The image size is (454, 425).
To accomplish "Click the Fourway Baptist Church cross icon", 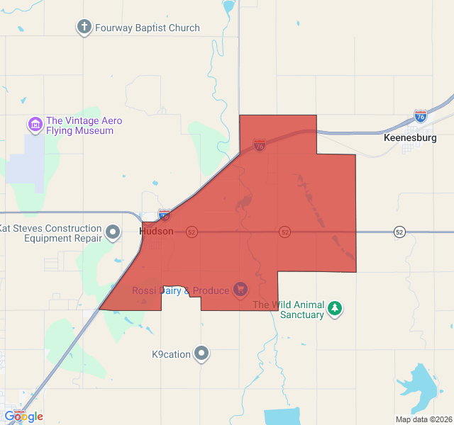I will point(84,28).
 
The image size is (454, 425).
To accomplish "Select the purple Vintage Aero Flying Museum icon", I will point(35,125).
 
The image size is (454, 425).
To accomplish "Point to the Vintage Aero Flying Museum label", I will point(84,125).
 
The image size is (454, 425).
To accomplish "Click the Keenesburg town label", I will point(410,137).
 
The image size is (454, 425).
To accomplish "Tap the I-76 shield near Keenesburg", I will point(421,115).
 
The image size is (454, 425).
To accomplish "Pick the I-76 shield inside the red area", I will point(260,145).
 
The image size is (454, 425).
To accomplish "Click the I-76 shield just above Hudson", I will point(164,214).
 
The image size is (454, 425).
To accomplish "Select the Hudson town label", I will point(157,232).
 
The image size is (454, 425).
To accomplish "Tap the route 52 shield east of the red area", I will point(400,232).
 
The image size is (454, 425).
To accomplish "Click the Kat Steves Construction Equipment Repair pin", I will point(113,232).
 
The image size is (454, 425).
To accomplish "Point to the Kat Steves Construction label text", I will point(51,233).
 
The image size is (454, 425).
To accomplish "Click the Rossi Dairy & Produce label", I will point(180,290).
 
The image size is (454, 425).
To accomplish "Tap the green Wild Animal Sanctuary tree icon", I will point(335,309).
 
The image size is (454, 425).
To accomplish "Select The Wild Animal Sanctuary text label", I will point(289,310).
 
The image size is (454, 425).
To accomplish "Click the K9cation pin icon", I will point(202,353).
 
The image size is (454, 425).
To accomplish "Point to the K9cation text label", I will point(171,354).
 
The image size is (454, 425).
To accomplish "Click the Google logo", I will point(24,416).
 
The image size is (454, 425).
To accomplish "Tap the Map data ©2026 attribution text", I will point(423,419).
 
